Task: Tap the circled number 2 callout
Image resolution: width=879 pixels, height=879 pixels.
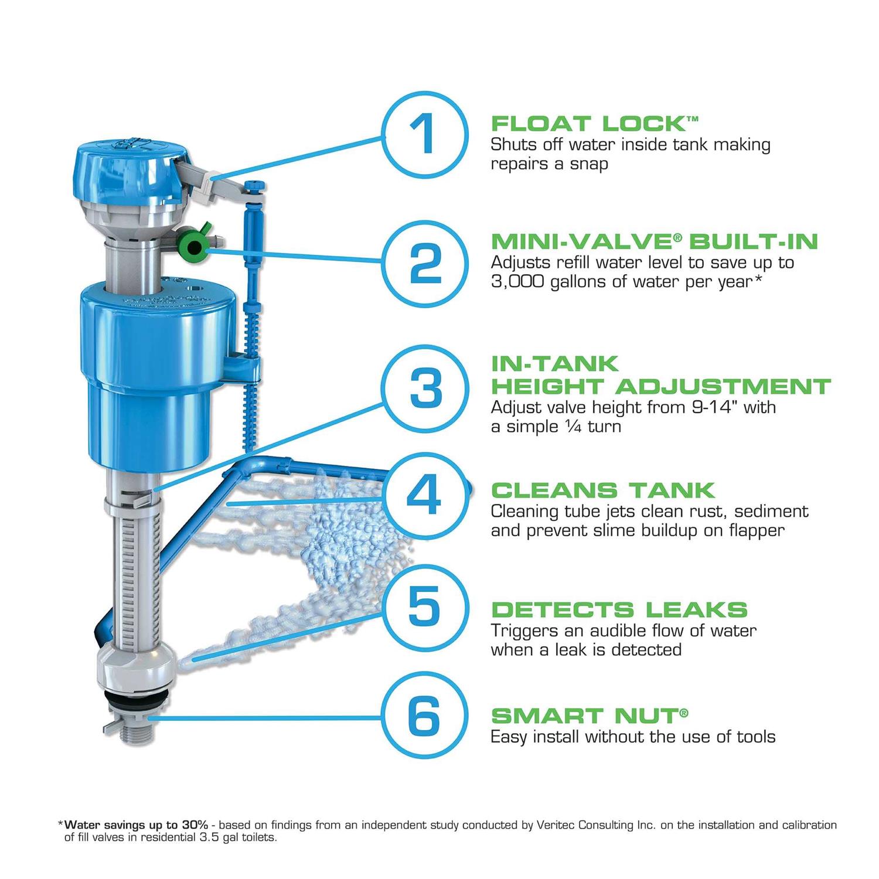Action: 426,264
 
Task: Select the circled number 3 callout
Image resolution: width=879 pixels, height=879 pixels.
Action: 426,388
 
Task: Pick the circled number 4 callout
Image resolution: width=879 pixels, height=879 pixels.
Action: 426,495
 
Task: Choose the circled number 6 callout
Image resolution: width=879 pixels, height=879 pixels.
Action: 426,715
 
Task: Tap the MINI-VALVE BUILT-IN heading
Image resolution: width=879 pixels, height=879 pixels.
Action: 654,241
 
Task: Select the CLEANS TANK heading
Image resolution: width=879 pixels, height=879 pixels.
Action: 603,490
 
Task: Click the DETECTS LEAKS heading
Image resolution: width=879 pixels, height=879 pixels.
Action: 619,609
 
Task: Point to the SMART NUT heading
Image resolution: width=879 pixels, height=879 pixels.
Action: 589,716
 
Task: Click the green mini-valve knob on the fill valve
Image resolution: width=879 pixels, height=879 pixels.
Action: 192,244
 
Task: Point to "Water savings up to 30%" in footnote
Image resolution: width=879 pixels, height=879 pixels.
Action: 136,825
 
